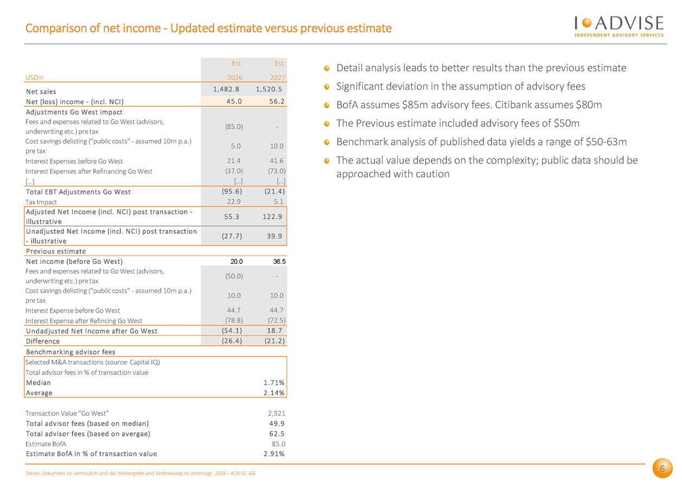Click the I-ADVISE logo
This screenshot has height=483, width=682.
[619, 27]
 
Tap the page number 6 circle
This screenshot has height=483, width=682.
[662, 468]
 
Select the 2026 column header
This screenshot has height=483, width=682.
[235, 78]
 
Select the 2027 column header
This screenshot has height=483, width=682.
[278, 78]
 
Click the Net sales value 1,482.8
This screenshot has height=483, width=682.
[226, 89]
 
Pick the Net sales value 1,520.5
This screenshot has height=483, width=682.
[269, 89]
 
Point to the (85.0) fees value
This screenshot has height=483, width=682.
[234, 126]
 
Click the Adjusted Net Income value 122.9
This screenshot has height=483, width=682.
[272, 217]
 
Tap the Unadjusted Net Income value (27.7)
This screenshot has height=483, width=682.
[231, 236]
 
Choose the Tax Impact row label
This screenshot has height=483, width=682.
[41, 202]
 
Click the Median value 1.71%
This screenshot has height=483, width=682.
[274, 383]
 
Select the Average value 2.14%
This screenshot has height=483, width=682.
[274, 393]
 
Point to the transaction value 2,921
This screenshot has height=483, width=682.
[276, 413]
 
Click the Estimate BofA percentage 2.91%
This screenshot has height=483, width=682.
[274, 454]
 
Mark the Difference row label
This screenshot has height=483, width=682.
[43, 341]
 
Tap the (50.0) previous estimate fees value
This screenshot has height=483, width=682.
[234, 276]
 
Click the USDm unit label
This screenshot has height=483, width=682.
[34, 78]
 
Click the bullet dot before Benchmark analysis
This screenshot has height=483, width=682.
[327, 142]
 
